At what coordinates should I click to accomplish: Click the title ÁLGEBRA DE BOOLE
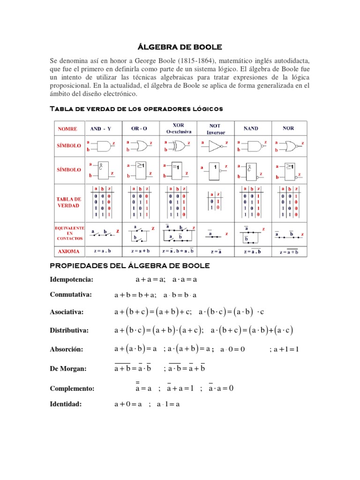coord(180,47)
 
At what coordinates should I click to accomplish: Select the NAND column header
coord(251,128)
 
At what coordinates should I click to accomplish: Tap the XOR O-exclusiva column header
coord(178,128)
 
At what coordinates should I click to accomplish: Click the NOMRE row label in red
coord(68,128)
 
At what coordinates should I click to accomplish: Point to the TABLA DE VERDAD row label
coord(68,202)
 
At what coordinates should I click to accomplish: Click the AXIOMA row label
coord(68,251)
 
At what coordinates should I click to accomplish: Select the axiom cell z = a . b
coord(103,251)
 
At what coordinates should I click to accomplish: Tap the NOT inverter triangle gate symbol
coord(214,146)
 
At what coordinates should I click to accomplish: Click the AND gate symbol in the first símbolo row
coord(103,146)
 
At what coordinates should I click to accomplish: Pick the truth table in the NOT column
coord(215,202)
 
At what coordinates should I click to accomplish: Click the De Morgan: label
coord(68,369)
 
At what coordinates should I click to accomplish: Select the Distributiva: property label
coord(70,331)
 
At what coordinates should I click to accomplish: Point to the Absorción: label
coord(67,350)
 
